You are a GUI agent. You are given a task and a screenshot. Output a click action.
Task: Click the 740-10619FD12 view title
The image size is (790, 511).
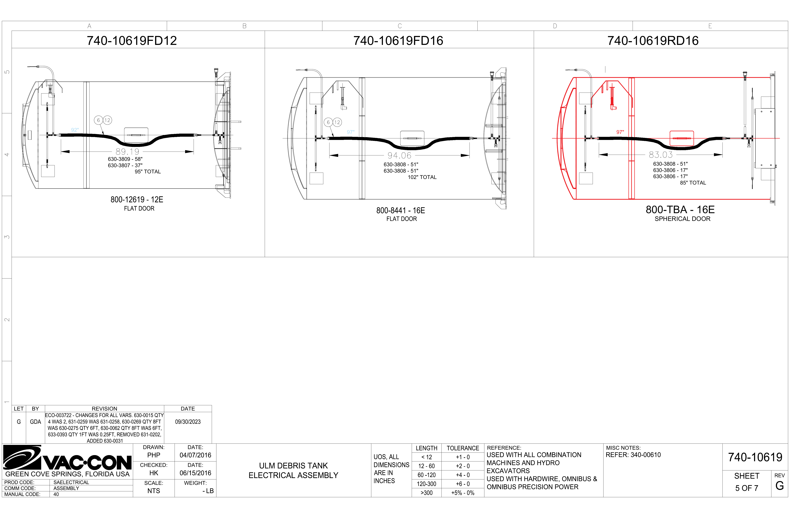132,41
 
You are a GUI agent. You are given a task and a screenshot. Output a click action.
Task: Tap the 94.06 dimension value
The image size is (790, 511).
399,155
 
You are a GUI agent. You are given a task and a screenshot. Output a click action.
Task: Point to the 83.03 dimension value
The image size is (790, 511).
661,155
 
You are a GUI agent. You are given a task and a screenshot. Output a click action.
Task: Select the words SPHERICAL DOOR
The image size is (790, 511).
682,219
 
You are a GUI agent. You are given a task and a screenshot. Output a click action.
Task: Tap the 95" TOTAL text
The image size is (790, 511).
148,172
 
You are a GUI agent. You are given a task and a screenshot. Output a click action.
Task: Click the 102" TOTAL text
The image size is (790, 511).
422,177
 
